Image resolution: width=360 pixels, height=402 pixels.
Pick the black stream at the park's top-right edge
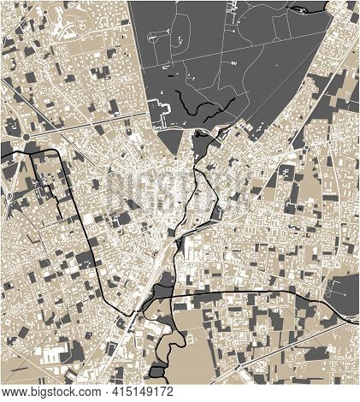click(298, 9)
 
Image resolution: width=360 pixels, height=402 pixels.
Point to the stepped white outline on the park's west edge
click(159, 111)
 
